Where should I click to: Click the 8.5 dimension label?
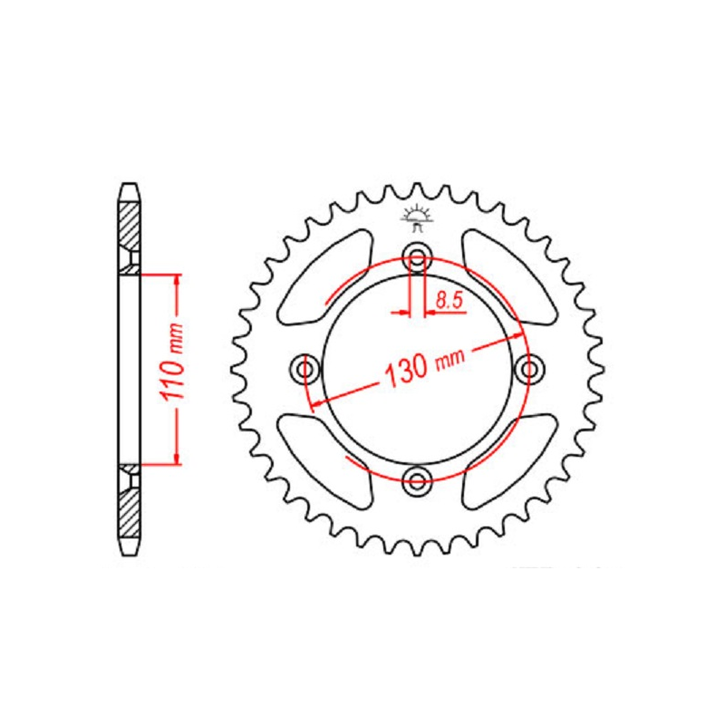click(x=449, y=301)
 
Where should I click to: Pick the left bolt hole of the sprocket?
click(x=305, y=369)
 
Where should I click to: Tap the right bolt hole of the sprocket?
click(x=529, y=369)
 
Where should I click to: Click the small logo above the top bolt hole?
click(x=418, y=219)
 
